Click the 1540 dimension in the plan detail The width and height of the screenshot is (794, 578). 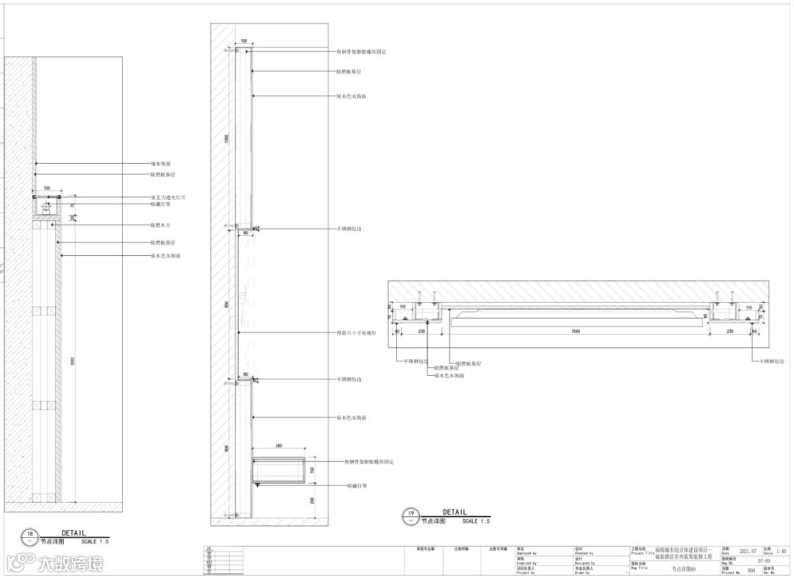576,332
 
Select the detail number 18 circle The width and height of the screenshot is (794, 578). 29,536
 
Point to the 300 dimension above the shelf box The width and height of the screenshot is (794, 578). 279,446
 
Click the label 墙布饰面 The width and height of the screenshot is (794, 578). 161,163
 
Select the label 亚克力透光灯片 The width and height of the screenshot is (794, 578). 168,198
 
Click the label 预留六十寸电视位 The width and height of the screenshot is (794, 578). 356,332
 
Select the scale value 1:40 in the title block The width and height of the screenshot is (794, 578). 781,551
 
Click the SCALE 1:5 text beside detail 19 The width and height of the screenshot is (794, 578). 476,521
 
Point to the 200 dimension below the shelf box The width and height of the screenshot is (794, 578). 312,500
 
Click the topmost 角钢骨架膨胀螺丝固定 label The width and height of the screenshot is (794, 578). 362,52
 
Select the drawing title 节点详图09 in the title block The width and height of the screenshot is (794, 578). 683,568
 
